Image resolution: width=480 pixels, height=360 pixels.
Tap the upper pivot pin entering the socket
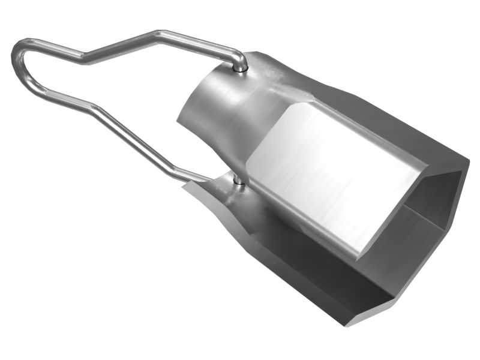pos(240,68)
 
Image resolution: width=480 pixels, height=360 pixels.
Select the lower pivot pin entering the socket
pos(238,179)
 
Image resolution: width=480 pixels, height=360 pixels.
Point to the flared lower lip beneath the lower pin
pos(210,192)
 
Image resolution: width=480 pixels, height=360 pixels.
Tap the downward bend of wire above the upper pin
pos(240,57)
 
